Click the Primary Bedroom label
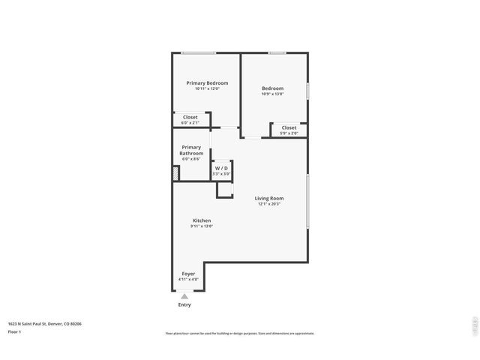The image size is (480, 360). pyautogui.click(x=207, y=82)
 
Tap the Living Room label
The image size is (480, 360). pyautogui.click(x=269, y=198)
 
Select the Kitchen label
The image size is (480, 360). pyautogui.click(x=201, y=220)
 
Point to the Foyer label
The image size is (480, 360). pyautogui.click(x=188, y=274)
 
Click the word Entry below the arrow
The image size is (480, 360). pyautogui.click(x=184, y=304)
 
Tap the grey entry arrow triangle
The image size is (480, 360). pyautogui.click(x=184, y=296)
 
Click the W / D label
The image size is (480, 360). pyautogui.click(x=221, y=168)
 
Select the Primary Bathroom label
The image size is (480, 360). pyautogui.click(x=191, y=150)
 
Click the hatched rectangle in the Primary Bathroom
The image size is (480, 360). pyautogui.click(x=176, y=172)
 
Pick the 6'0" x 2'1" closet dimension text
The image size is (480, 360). pyautogui.click(x=190, y=123)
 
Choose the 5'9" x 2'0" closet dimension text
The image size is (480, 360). pyautogui.click(x=289, y=133)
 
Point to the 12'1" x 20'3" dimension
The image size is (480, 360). pyautogui.click(x=269, y=204)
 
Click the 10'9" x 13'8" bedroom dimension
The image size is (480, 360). pyautogui.click(x=272, y=94)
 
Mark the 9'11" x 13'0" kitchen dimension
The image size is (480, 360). pyautogui.click(x=201, y=226)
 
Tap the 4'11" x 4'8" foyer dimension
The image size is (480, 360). pyautogui.click(x=188, y=280)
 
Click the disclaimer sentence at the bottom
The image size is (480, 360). pyautogui.click(x=240, y=333)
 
